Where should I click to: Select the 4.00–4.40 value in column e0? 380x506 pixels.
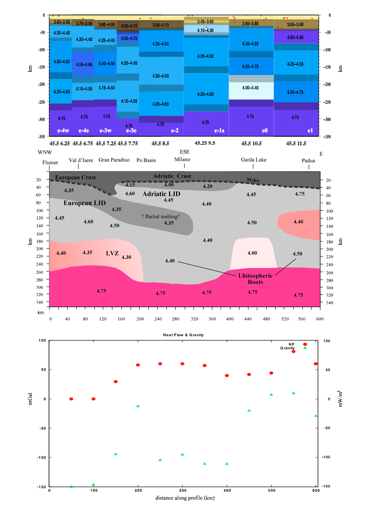250,88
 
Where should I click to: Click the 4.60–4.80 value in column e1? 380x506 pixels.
295,37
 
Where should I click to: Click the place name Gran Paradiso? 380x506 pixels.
113,160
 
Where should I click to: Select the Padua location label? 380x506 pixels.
311,160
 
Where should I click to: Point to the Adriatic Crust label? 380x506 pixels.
172,176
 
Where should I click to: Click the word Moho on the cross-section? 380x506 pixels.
252,180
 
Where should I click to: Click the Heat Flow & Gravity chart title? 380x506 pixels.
184,335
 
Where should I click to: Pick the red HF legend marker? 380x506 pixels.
305,344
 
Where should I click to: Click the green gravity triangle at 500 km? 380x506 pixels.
271,395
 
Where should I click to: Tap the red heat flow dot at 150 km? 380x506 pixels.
116,381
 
